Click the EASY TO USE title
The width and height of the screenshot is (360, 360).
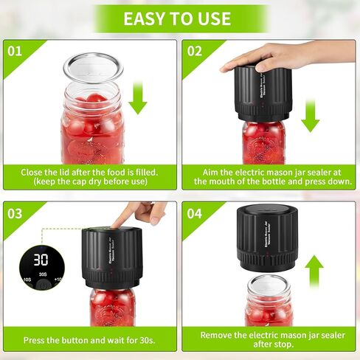click(180, 18)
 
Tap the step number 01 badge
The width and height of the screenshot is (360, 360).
click(15, 52)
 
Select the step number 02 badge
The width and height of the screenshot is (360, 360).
click(195, 52)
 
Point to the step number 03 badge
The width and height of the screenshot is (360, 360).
click(15, 214)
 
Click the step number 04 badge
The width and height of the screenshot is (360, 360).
click(195, 214)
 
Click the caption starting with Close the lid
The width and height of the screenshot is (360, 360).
click(89, 176)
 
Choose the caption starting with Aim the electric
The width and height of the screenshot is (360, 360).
click(269, 176)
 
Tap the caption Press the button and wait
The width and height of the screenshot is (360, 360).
click(89, 342)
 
